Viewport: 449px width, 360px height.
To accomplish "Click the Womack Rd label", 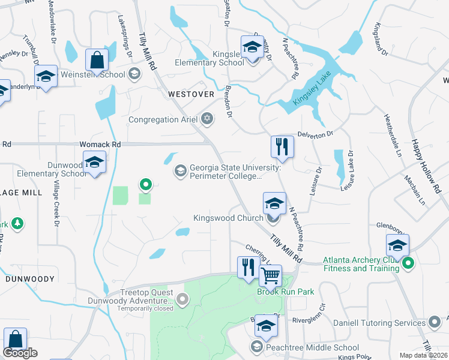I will (100, 145).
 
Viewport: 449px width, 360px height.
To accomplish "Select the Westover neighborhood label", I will (191, 94).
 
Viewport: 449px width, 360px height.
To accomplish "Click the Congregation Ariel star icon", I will (208, 119).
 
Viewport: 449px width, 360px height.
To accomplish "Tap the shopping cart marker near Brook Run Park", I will (271, 276).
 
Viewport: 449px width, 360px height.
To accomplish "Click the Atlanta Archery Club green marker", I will (409, 263).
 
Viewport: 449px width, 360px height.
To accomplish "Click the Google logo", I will (20, 353).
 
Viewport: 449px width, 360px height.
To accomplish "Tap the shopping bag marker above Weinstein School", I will (97, 59).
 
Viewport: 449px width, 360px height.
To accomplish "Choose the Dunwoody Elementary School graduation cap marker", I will (94, 163).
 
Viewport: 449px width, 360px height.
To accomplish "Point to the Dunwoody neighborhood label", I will (30, 279).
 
